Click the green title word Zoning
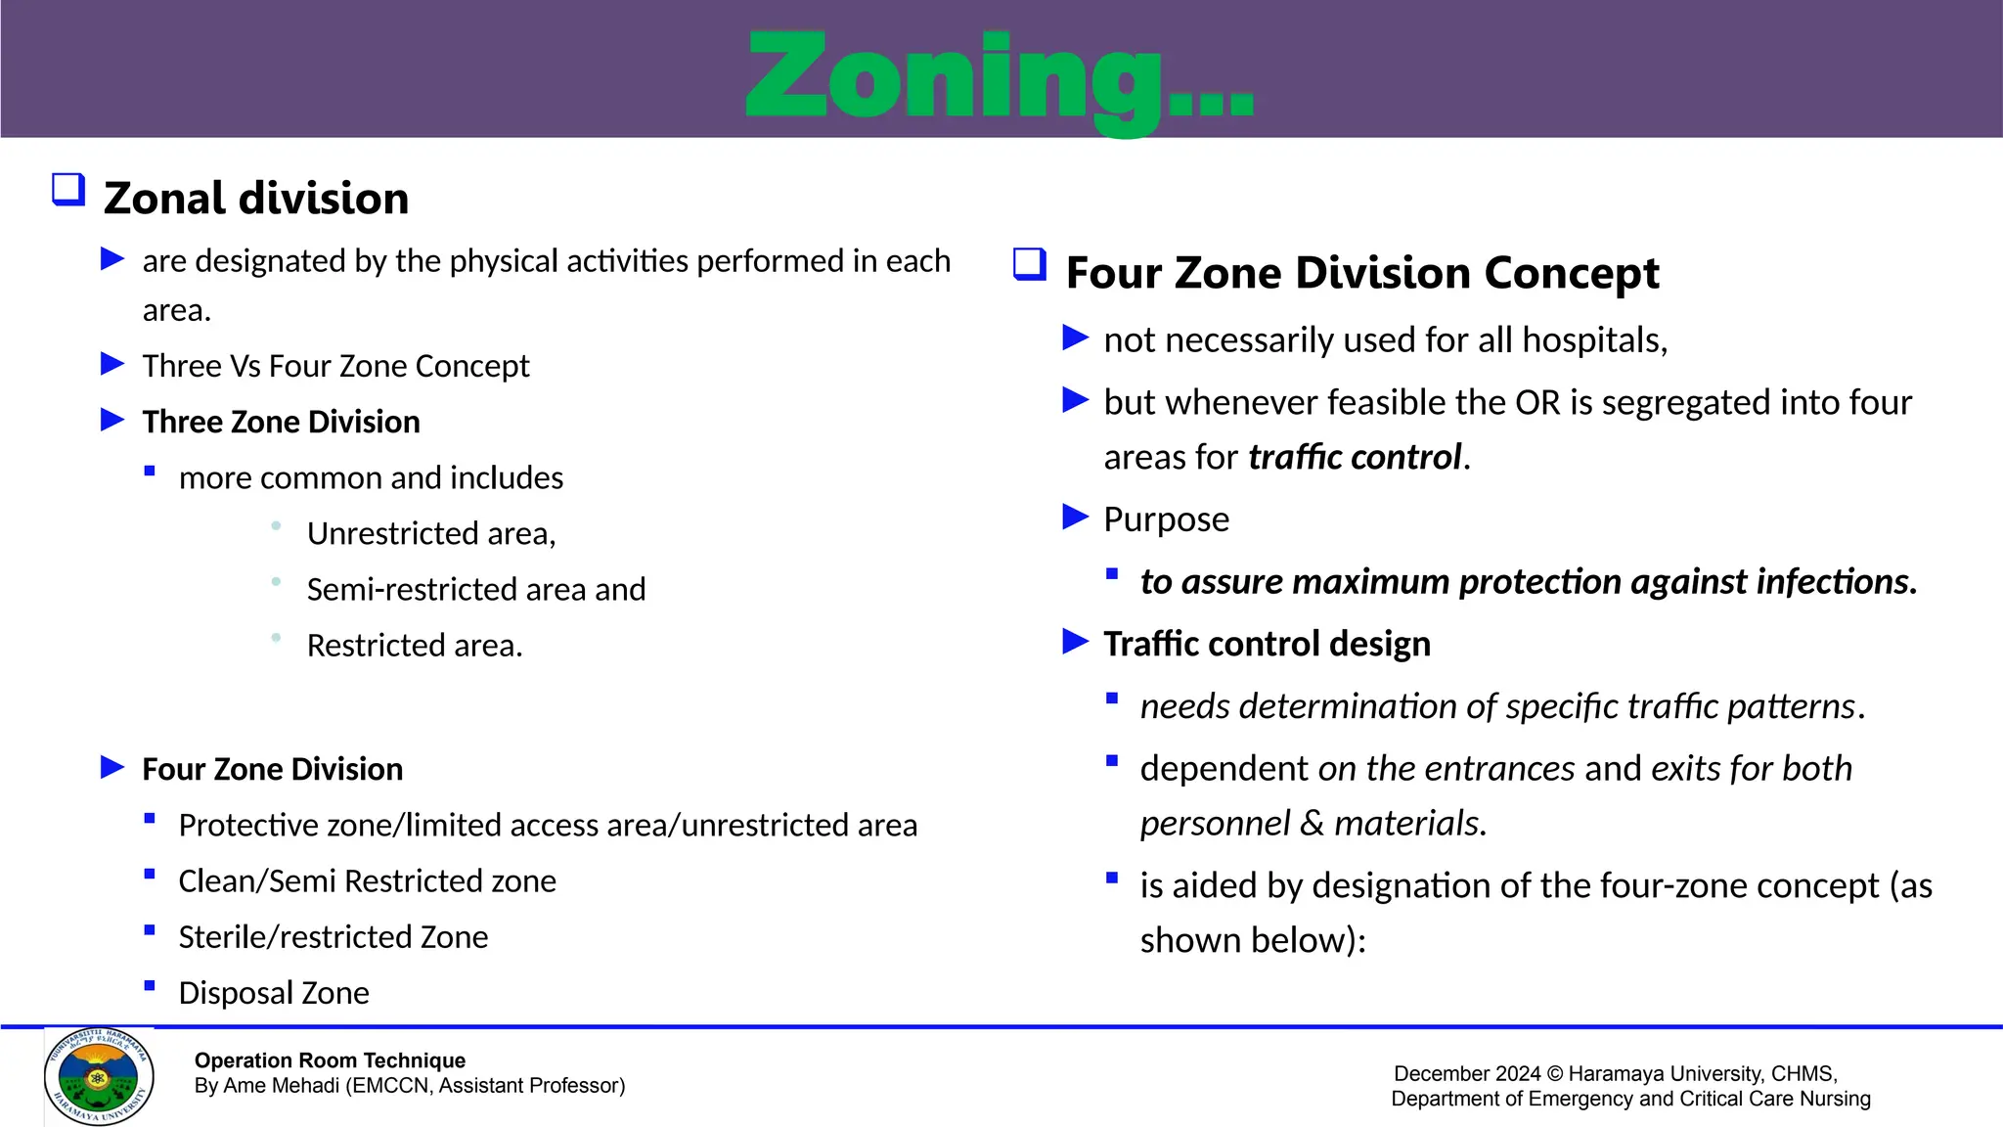coord(998,78)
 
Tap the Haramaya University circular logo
coord(99,1076)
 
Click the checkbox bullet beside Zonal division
coord(68,189)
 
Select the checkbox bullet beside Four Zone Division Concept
coord(1030,264)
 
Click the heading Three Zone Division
coord(281,422)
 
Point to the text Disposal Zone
coord(274,993)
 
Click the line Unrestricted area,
coord(430,534)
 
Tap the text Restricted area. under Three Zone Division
coord(415,646)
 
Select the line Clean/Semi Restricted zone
coord(367,881)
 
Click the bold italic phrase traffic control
coord(1355,457)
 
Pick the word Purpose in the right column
coord(1166,519)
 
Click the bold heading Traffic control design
coord(1267,644)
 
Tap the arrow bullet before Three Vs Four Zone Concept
coord(113,365)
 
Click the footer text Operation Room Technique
coord(330,1060)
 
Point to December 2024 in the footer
coord(1466,1073)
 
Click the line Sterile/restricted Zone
coord(333,937)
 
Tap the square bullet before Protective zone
coord(150,819)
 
